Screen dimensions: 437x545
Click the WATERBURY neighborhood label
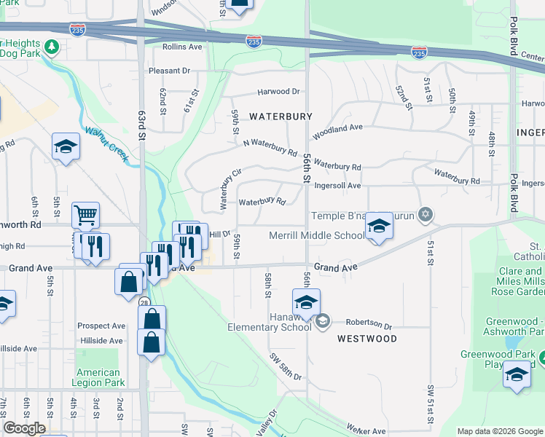pos(281,117)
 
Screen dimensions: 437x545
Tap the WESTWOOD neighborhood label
pos(367,339)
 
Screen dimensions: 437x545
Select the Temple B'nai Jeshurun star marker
pos(426,215)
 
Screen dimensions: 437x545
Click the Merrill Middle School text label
pos(317,235)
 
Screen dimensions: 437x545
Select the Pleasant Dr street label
pos(169,71)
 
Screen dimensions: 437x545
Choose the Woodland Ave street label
pos(338,127)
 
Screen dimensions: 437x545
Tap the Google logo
pos(24,428)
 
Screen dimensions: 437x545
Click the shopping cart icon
pos(85,216)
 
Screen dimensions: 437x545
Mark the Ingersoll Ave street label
pos(337,186)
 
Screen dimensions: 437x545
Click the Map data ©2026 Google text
pos(500,431)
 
